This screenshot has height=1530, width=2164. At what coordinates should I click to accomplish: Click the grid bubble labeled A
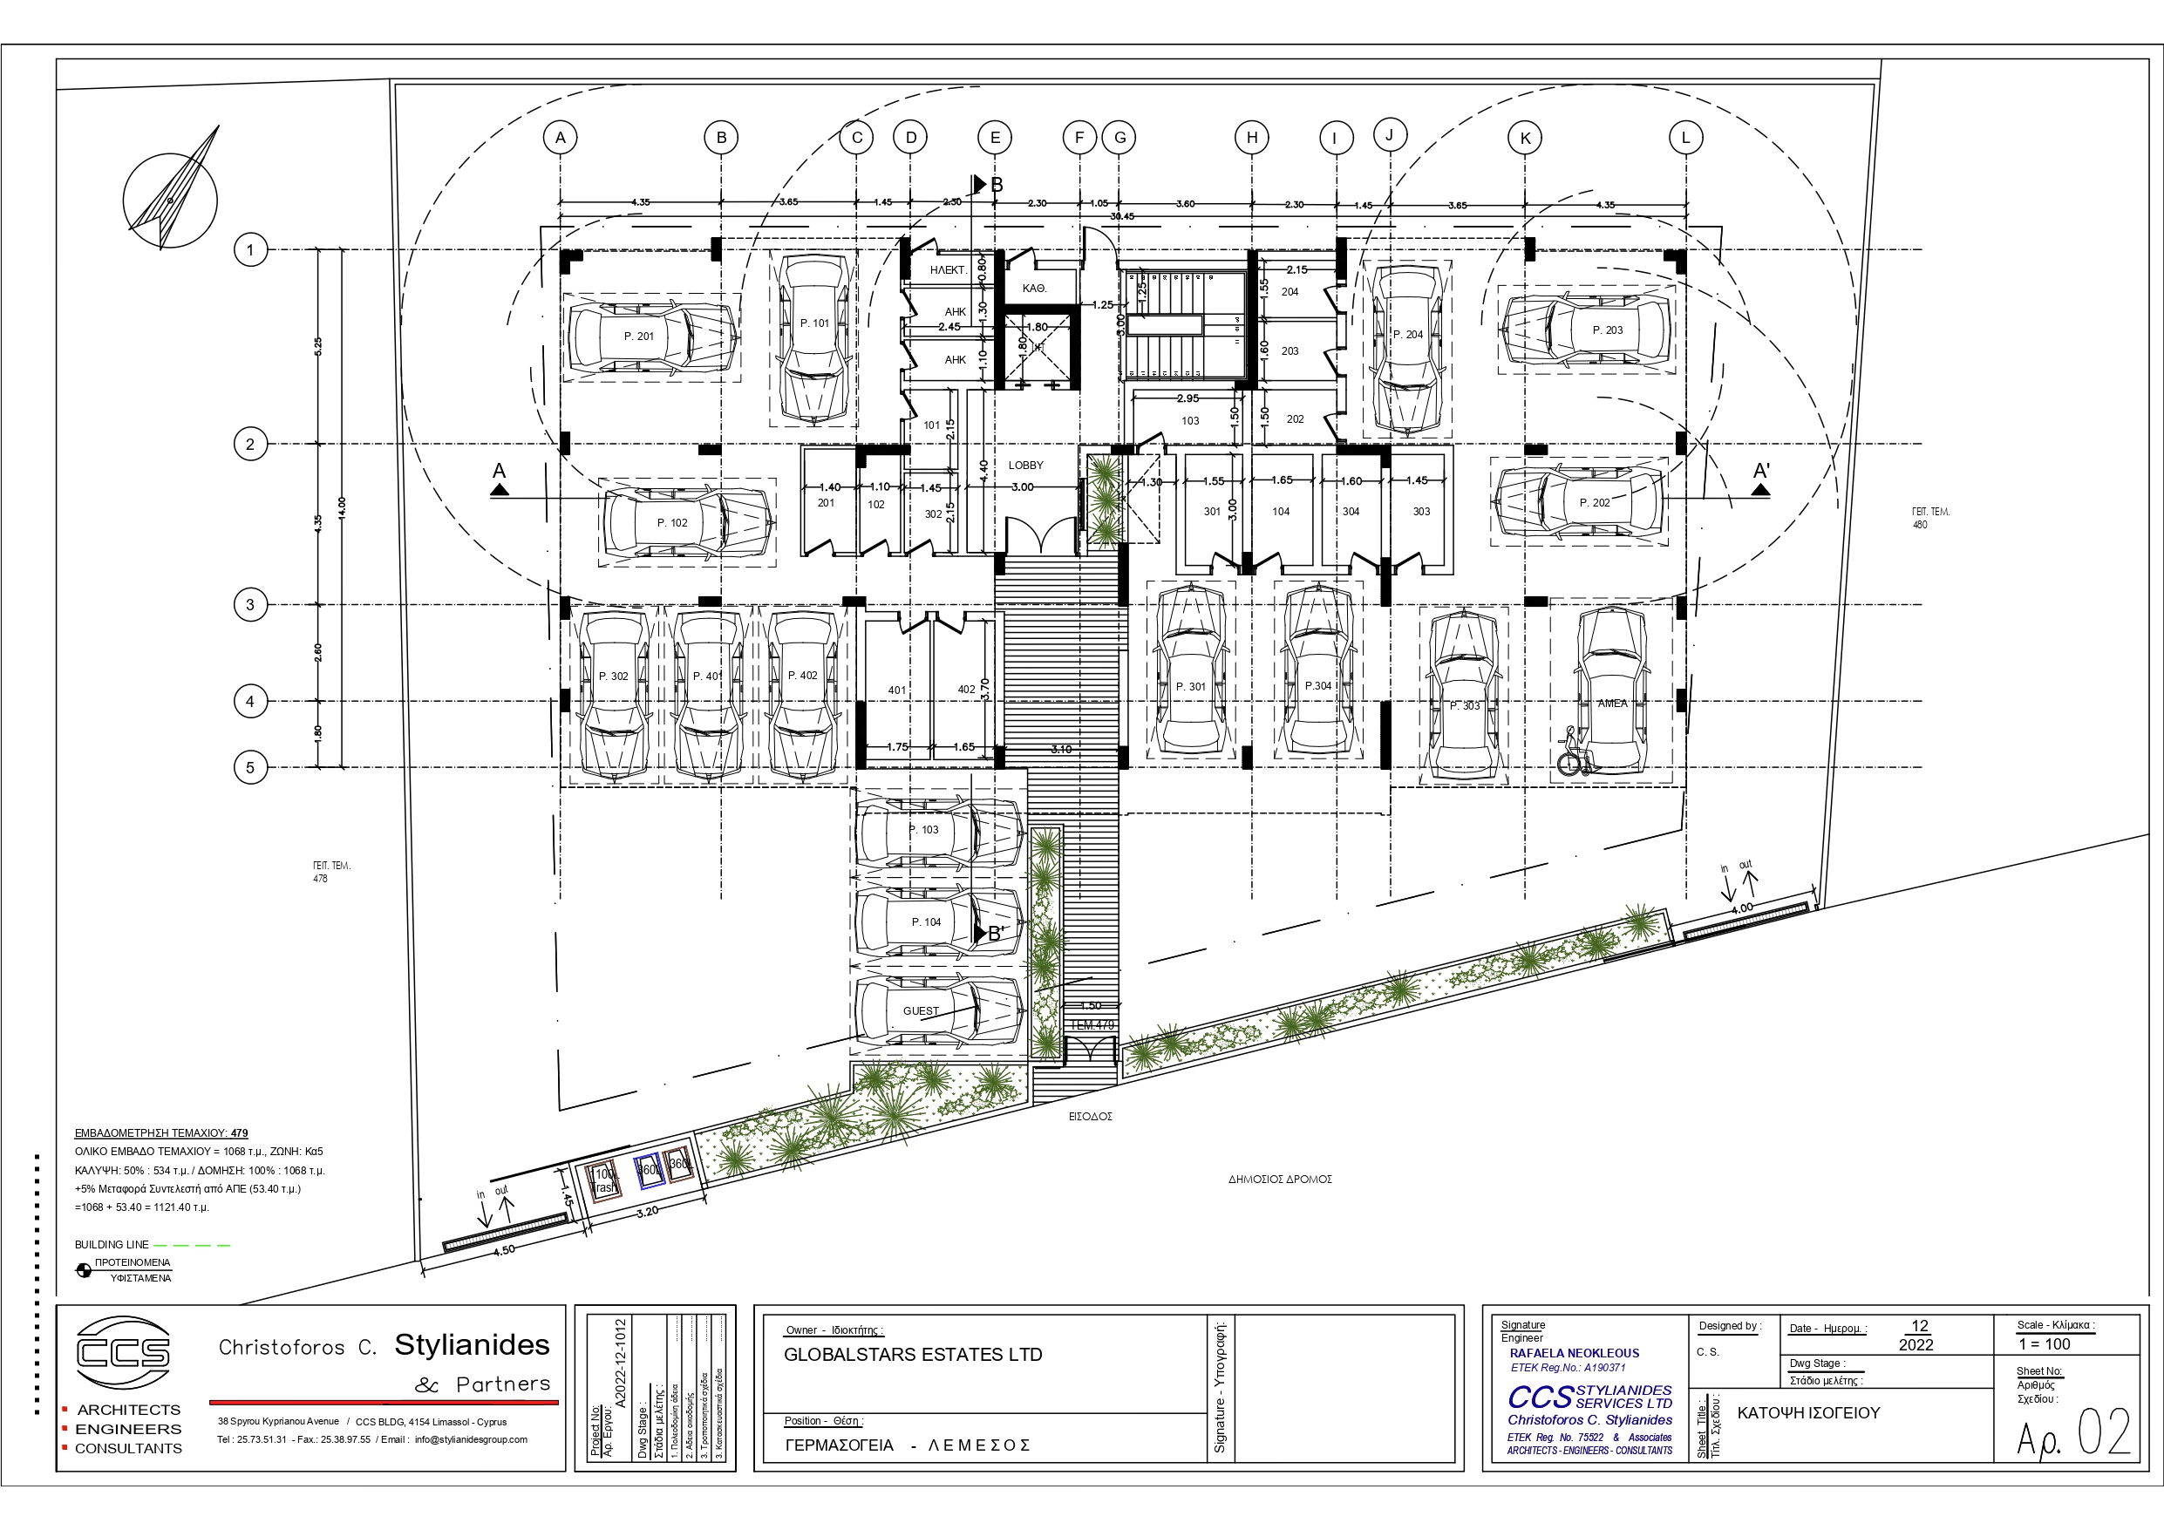point(560,138)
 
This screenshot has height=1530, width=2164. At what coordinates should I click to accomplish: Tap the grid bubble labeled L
point(1685,138)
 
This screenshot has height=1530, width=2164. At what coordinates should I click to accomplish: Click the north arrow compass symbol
point(171,198)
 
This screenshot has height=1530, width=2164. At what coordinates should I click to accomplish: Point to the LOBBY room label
point(1025,465)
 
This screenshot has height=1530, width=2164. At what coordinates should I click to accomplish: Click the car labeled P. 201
point(650,337)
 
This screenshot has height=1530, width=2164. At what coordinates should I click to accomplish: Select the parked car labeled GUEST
point(939,1010)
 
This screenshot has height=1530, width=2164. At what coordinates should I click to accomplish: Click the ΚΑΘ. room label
point(1034,289)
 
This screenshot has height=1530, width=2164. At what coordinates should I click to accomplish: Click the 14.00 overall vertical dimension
point(342,507)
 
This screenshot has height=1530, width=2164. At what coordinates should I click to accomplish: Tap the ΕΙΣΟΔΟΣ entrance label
point(1091,1116)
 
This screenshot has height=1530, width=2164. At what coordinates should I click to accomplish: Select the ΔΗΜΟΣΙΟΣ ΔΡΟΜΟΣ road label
point(1279,1180)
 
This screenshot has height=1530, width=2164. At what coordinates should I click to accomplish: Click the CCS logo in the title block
point(124,1353)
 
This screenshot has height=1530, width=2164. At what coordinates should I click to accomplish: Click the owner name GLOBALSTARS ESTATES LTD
point(912,1355)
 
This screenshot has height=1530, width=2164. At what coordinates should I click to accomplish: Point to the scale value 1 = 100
point(2045,1344)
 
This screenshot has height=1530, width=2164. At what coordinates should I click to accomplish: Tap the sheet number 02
point(2104,1433)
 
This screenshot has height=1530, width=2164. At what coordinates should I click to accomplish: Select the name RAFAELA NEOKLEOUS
point(1574,1353)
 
